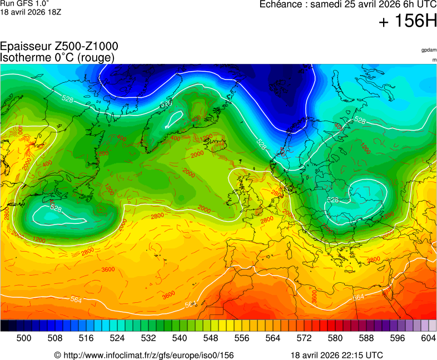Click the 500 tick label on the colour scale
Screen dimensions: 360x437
24,338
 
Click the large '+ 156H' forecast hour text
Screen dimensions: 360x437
408,21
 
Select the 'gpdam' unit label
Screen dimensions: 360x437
429,50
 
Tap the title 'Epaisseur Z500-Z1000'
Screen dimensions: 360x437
59,47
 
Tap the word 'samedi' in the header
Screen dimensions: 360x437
326,4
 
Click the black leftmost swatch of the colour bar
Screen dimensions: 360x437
4,326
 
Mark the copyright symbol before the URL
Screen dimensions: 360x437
57,355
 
